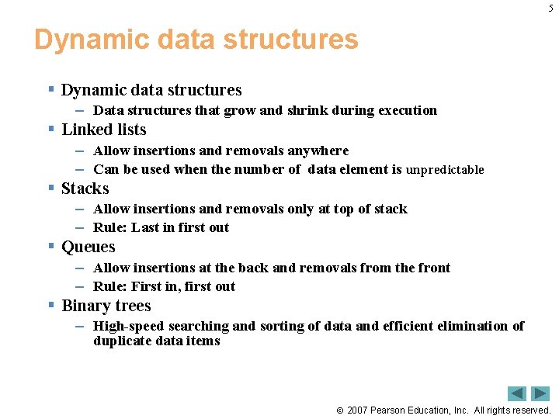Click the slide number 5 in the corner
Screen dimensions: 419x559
click(550, 8)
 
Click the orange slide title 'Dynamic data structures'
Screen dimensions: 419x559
click(196, 40)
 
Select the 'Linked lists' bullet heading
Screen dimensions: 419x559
click(104, 130)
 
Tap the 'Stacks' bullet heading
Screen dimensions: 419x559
click(85, 189)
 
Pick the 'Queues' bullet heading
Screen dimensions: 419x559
click(89, 248)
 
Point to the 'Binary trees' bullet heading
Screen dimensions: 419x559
click(106, 306)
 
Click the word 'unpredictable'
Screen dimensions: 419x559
click(445, 170)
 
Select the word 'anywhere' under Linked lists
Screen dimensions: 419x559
click(318, 151)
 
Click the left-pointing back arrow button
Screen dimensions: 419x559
click(517, 393)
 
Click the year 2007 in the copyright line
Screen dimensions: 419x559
click(359, 410)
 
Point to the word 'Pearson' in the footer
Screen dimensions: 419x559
click(392, 410)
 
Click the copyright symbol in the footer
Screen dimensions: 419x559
click(339, 410)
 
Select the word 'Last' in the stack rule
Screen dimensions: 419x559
click(145, 228)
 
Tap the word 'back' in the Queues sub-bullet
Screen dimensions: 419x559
click(253, 268)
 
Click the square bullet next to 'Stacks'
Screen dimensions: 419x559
click(50, 189)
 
